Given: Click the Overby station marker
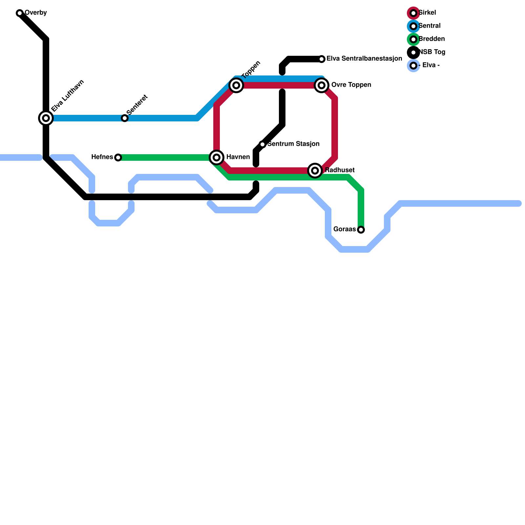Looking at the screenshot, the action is coord(20,13).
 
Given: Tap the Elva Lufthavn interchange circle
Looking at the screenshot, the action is coord(46,118).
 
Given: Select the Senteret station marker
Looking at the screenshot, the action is coord(125,118).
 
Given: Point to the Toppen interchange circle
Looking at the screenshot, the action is coord(236,85).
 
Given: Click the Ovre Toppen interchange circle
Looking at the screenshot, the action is coord(322,85).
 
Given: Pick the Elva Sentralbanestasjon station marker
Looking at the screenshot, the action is coord(322,59).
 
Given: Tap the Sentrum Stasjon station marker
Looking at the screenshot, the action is coord(262,144).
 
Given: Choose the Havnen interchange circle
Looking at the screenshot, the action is coord(217,157).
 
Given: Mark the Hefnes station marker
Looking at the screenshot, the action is coord(118,157).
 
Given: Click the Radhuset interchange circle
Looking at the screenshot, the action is coord(315,171).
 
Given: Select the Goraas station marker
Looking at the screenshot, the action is coord(361,230).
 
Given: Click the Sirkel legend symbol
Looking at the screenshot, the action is coord(413,13).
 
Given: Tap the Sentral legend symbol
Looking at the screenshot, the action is coord(413,26).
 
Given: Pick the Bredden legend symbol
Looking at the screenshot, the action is coord(413,39).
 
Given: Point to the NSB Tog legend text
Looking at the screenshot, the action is coord(432,52).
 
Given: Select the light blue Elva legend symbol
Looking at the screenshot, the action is coord(413,66).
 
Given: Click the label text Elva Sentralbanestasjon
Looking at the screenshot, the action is coord(364,59).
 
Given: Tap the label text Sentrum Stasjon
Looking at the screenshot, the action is coord(293,144).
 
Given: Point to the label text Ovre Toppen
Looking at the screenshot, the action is coord(351,85).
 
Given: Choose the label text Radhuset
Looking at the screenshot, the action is coord(340,170).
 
